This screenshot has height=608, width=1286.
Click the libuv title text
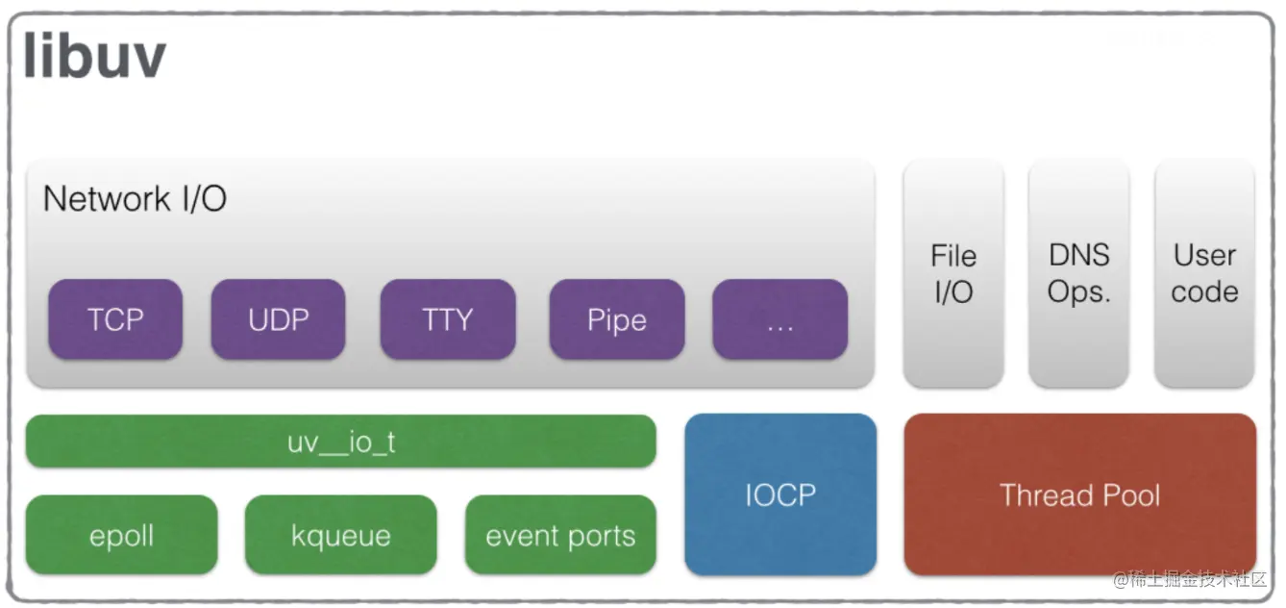click(94, 56)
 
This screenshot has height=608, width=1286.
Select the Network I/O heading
click(135, 199)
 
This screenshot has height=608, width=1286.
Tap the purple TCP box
click(115, 319)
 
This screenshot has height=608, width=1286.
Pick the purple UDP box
click(279, 319)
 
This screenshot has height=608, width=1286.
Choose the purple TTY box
click(448, 319)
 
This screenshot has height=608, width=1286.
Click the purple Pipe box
click(617, 319)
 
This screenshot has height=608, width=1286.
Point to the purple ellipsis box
click(780, 319)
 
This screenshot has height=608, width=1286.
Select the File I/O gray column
click(953, 274)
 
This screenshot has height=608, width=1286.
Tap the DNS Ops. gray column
click(1078, 274)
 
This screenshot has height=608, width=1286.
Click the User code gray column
click(1204, 274)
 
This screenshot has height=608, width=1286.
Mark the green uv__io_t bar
click(341, 442)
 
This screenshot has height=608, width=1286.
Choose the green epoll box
click(121, 535)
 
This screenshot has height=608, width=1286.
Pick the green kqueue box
click(341, 535)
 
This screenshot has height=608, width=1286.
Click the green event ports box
click(560, 535)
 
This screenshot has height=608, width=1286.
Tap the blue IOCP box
click(780, 494)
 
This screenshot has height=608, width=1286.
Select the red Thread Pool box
click(1080, 494)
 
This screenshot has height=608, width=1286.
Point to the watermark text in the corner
click(1191, 579)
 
